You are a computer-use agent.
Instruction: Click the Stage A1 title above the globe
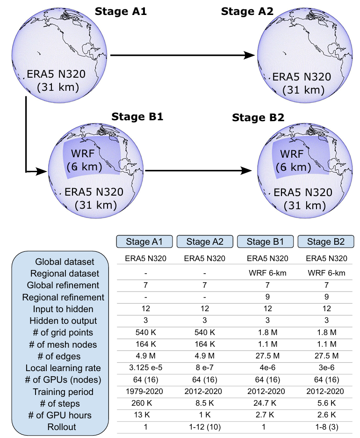tap(121, 11)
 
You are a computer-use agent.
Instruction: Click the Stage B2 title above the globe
tap(258, 117)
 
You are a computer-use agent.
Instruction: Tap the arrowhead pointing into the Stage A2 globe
tap(249, 55)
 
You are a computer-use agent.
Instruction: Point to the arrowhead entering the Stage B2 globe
tap(246, 171)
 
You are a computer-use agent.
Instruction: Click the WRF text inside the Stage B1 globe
tap(83, 153)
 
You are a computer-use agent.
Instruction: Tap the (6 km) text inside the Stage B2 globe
tap(293, 167)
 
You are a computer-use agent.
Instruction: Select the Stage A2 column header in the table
tap(205, 241)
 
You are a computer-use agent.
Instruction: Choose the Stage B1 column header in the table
tap(265, 241)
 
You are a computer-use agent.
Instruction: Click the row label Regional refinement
tap(63, 297)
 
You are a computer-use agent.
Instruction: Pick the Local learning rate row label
tap(63, 368)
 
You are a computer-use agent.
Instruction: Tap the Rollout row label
tap(62, 427)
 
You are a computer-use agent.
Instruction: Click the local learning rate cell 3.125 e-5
tap(146, 368)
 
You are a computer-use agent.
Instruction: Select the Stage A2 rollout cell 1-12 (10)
tap(205, 427)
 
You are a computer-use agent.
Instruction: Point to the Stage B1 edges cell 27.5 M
tap(267, 356)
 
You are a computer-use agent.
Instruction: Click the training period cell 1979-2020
tap(144, 391)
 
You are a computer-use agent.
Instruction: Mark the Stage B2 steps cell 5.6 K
tap(327, 403)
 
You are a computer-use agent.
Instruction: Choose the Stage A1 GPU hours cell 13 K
tap(142, 415)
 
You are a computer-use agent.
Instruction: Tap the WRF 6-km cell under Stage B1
tap(267, 273)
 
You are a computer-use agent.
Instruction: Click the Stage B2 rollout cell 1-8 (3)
tap(327, 427)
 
